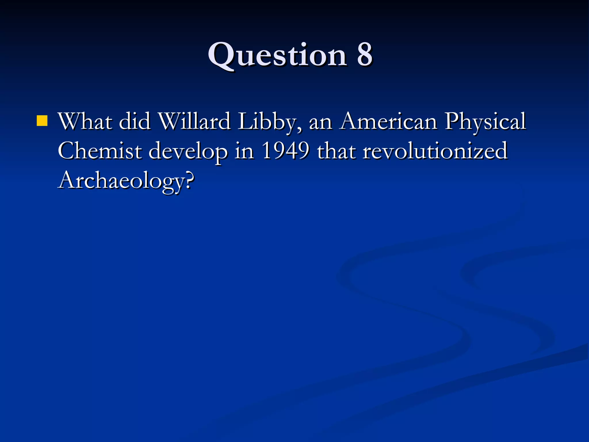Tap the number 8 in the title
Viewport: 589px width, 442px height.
[x=364, y=55]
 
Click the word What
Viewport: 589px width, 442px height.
[x=85, y=121]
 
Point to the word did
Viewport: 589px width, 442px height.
[x=135, y=121]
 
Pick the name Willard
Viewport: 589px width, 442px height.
[x=195, y=121]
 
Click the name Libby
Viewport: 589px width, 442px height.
[x=269, y=122]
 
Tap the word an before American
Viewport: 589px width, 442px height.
[x=320, y=123]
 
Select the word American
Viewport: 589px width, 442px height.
[x=389, y=121]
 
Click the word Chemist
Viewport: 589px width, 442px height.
[x=100, y=151]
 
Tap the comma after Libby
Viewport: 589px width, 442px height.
[x=301, y=129]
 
